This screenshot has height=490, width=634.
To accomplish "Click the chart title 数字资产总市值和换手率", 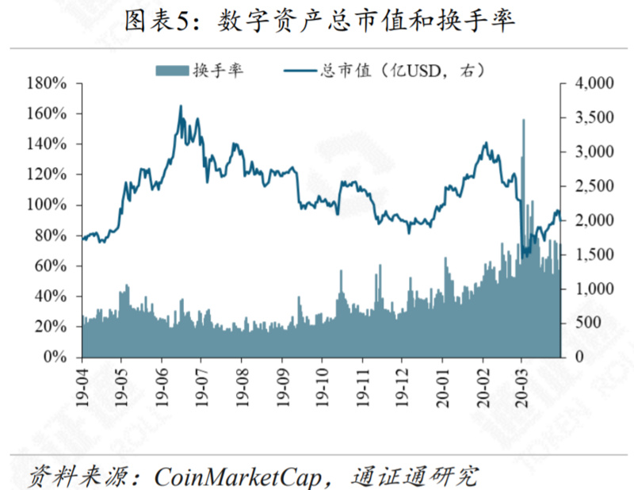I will click(364, 21).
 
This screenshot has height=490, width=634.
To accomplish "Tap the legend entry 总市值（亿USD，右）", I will click(400, 70).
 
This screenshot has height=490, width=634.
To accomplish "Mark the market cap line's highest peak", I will click(180, 106).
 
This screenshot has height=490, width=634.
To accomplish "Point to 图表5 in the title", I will click(157, 21).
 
